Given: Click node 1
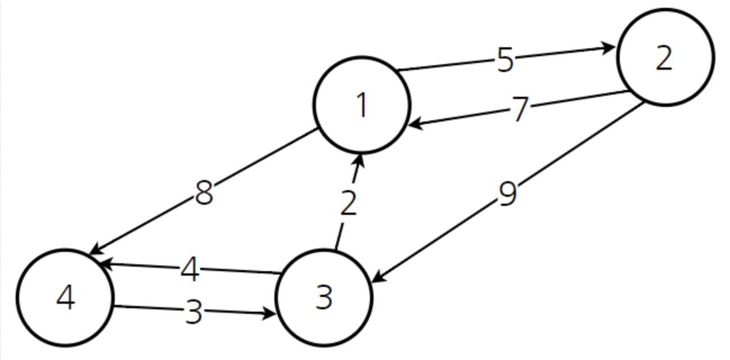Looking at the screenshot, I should point(362,105).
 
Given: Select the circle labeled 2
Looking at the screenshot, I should point(665,57).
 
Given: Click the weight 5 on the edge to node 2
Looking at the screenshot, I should point(505,60).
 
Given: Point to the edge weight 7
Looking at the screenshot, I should point(520,109).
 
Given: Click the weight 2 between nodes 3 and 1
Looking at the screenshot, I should point(349,204).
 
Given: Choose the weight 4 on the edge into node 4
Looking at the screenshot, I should point(190,270).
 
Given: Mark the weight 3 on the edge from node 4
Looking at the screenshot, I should point(193,311).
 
